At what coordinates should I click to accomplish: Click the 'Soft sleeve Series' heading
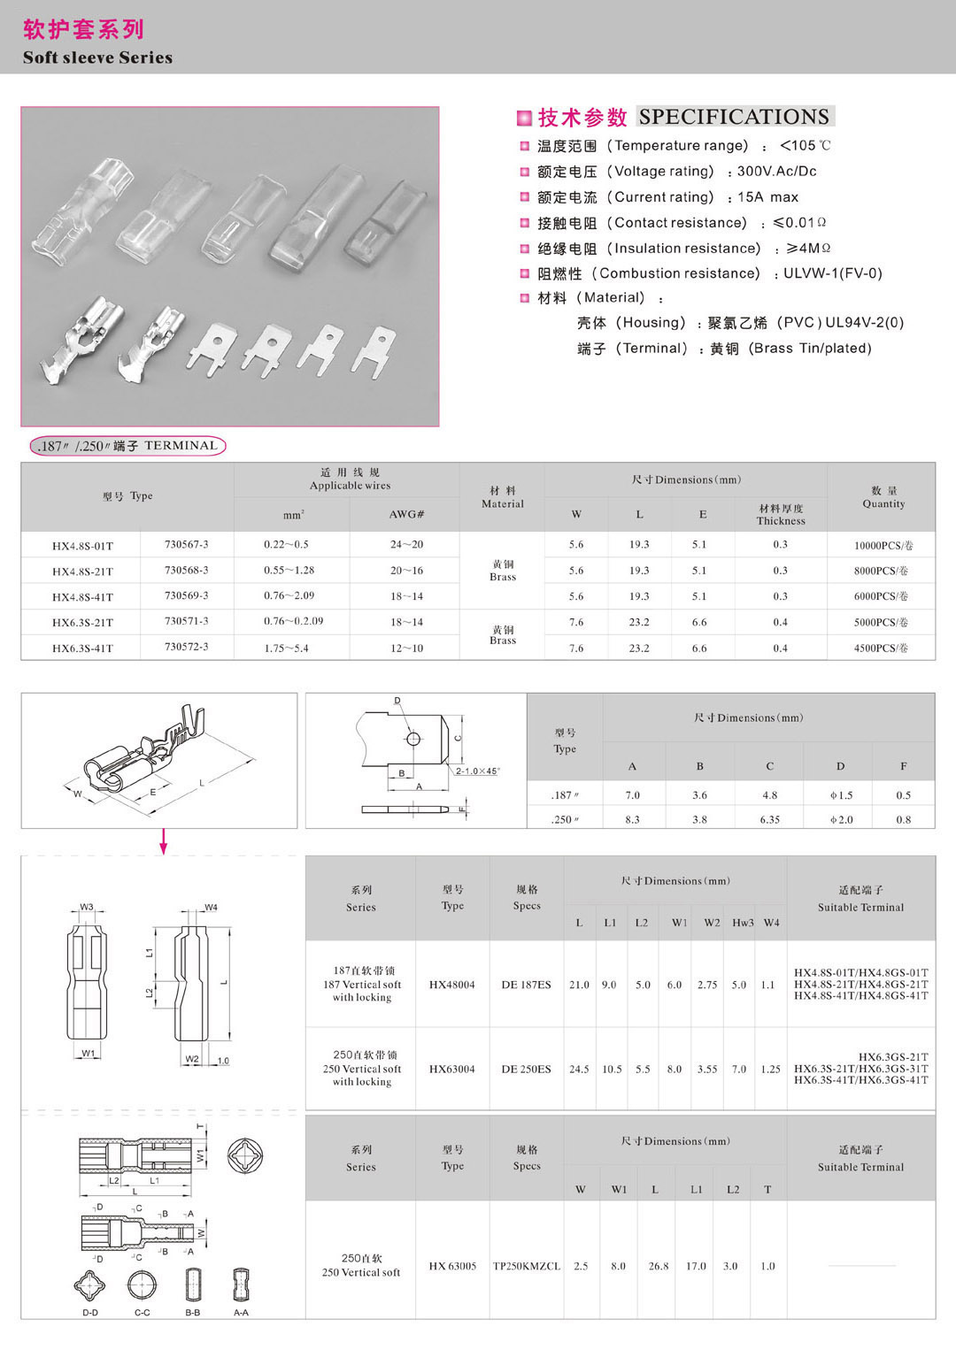pyautogui.click(x=97, y=58)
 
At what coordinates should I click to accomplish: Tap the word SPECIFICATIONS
pyautogui.click(x=734, y=117)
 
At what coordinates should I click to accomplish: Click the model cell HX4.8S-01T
pyautogui.click(x=82, y=546)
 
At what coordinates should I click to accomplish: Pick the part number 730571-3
pyautogui.click(x=186, y=622)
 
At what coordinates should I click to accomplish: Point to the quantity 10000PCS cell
pyautogui.click(x=883, y=546)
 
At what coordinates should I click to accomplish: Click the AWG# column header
pyautogui.click(x=406, y=514)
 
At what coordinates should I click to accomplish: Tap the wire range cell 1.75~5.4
pyautogui.click(x=286, y=648)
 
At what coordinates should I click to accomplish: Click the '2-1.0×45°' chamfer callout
pyautogui.click(x=477, y=771)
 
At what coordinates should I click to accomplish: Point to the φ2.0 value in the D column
pyautogui.click(x=841, y=820)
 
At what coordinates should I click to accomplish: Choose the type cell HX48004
pyautogui.click(x=451, y=985)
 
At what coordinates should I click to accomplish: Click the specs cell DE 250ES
pyautogui.click(x=526, y=1070)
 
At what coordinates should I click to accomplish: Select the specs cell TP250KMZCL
pyautogui.click(x=526, y=1266)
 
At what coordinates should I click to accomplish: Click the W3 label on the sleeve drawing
pyautogui.click(x=87, y=907)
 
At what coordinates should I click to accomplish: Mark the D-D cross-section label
pyautogui.click(x=90, y=1313)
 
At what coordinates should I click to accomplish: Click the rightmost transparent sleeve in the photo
pyautogui.click(x=386, y=226)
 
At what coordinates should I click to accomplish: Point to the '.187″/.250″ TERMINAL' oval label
pyautogui.click(x=127, y=446)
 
